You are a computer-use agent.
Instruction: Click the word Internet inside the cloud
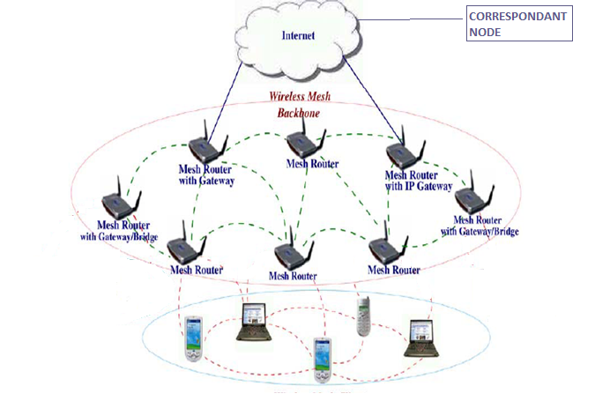pyautogui.click(x=297, y=36)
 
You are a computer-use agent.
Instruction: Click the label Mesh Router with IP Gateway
pyautogui.click(x=418, y=181)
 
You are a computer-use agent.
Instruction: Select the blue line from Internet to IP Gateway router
pyautogui.click(x=370, y=97)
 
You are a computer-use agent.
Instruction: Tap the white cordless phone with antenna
pyautogui.click(x=362, y=315)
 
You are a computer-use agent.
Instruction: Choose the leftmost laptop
pyautogui.click(x=255, y=322)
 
